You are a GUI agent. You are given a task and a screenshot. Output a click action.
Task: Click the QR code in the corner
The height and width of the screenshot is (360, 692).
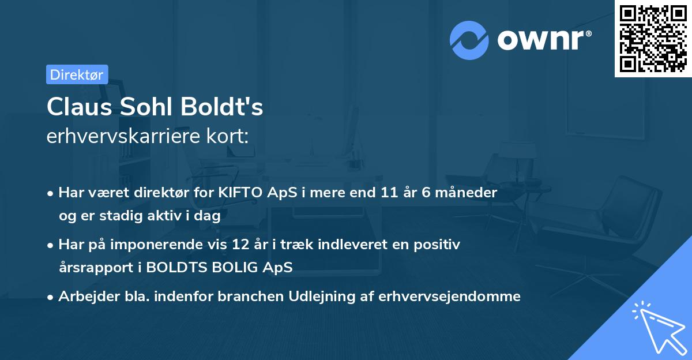(653, 39)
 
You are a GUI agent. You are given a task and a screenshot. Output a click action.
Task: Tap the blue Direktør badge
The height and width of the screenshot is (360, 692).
(77, 74)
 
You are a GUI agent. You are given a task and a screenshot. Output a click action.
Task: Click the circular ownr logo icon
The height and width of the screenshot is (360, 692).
(469, 40)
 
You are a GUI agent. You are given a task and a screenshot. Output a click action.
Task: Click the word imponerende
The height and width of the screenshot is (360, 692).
(174, 245)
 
